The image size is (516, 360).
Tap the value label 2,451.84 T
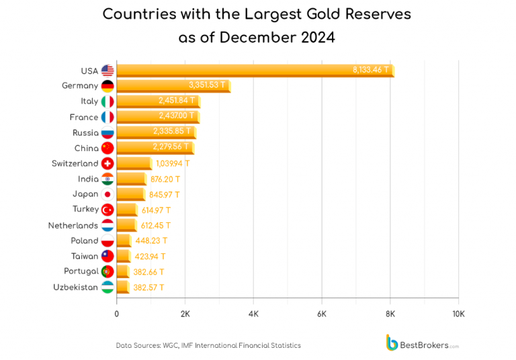(x=177, y=101)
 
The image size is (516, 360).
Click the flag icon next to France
(x=107, y=117)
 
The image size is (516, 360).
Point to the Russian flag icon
(x=107, y=132)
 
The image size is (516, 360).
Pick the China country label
(x=86, y=148)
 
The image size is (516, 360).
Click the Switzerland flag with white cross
(x=107, y=163)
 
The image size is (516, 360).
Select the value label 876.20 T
(x=165, y=179)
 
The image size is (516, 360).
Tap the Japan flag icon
(x=107, y=194)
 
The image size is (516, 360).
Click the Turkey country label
(x=85, y=210)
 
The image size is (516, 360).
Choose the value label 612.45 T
(x=156, y=225)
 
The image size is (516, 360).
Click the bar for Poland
(x=124, y=240)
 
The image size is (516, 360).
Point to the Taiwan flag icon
(x=107, y=256)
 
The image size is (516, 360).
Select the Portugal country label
(x=81, y=271)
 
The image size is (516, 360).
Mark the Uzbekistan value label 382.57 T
(x=148, y=287)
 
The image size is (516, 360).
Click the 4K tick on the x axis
(x=253, y=314)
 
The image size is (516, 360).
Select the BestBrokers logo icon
(x=391, y=343)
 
